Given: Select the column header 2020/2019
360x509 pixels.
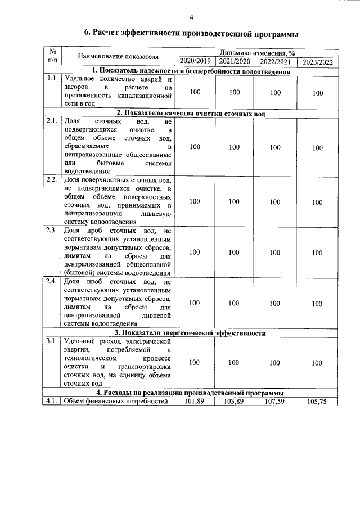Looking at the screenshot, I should click(194, 61).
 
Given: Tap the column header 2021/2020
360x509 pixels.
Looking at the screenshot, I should click(235, 61).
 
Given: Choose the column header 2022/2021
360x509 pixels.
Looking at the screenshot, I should click(275, 61).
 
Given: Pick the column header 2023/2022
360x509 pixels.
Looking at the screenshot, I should click(317, 62).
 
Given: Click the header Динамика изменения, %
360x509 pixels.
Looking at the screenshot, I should click(256, 52).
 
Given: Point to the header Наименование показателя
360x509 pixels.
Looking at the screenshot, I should click(118, 57).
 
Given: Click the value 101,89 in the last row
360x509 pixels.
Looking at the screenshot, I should click(195, 401).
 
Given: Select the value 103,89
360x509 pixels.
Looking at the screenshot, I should click(235, 401).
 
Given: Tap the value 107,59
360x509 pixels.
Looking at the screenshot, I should click(275, 401).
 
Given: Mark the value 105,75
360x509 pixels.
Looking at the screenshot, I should click(317, 402).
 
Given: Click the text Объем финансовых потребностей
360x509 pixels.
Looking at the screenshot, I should click(116, 401).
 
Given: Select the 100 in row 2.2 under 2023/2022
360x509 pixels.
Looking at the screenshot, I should click(317, 202).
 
